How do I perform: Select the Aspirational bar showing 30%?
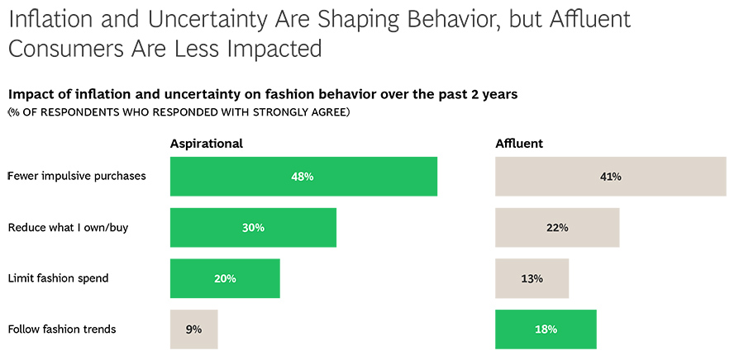pyautogui.click(x=253, y=227)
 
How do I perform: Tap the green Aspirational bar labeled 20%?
pyautogui.click(x=225, y=278)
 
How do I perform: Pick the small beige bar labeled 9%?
pyautogui.click(x=193, y=329)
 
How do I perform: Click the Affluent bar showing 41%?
pyautogui.click(x=610, y=176)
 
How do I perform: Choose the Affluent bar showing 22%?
pyautogui.click(x=557, y=227)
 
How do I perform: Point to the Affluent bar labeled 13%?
pyautogui.click(x=532, y=278)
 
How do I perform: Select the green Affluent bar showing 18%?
pyautogui.click(x=546, y=329)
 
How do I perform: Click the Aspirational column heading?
pyautogui.click(x=206, y=144)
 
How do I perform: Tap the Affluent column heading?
pyautogui.click(x=519, y=144)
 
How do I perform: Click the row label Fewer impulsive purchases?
pyautogui.click(x=76, y=176)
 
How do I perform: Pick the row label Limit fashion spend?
pyautogui.click(x=58, y=278)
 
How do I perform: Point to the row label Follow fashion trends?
pyautogui.click(x=62, y=329)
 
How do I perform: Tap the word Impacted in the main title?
pyautogui.click(x=274, y=50)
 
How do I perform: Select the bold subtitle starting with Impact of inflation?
pyautogui.click(x=262, y=94)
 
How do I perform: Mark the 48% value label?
pyautogui.click(x=303, y=176)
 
